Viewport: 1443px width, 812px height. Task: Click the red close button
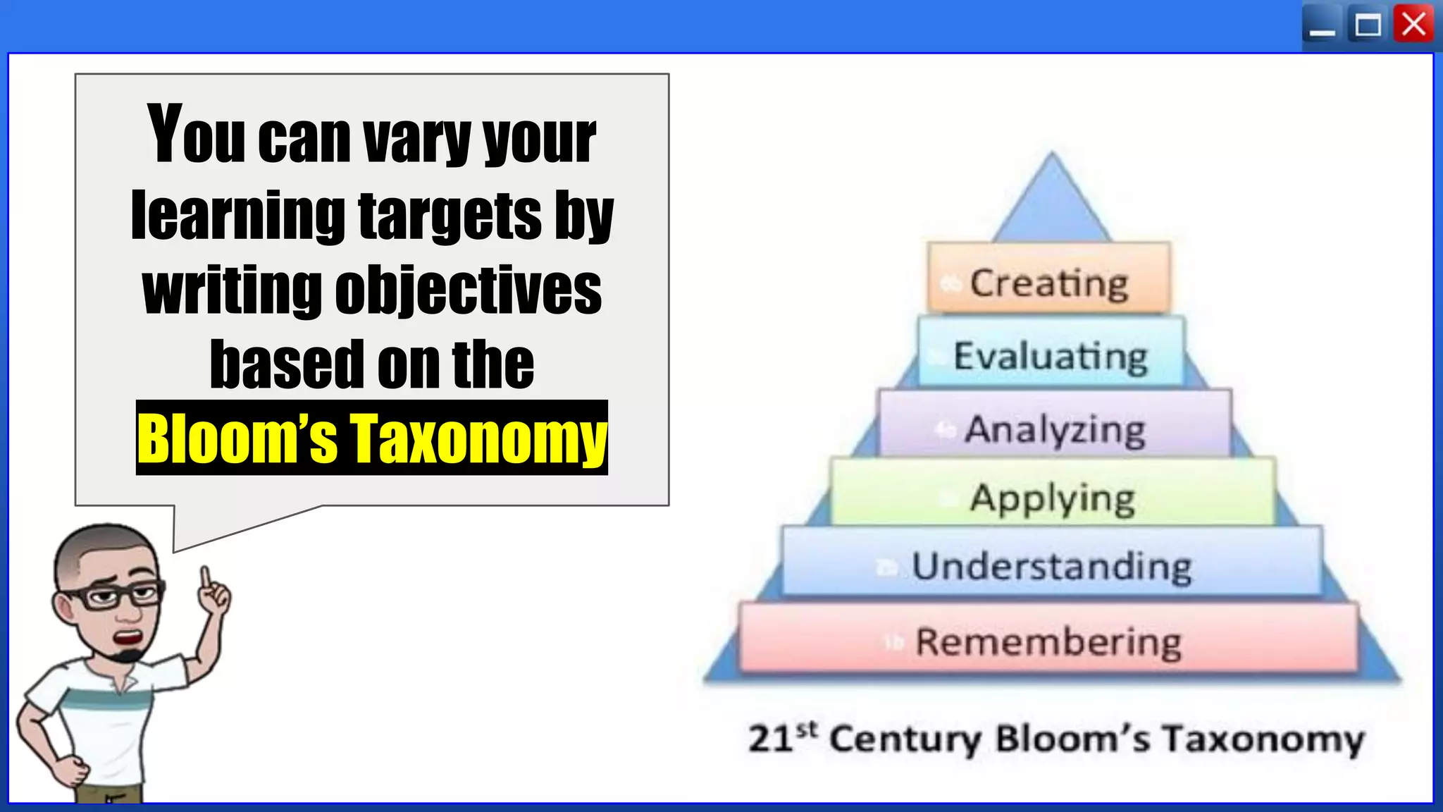click(x=1413, y=25)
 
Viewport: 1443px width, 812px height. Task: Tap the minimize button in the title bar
click(x=1322, y=27)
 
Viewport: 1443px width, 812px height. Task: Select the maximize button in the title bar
click(x=1368, y=25)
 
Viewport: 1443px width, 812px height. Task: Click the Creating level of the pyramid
click(x=1048, y=283)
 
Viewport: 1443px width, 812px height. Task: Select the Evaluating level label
click(x=1050, y=356)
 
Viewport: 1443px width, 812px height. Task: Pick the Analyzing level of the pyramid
click(x=1055, y=429)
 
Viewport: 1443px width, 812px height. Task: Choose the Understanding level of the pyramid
click(x=1051, y=566)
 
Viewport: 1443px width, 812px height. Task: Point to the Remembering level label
click(x=1048, y=641)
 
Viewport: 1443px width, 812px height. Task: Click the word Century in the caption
click(x=905, y=739)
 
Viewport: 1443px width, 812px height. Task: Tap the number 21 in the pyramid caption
click(x=771, y=739)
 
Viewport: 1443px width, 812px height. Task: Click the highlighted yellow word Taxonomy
click(x=478, y=438)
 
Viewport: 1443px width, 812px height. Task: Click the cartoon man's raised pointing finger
click(x=206, y=577)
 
